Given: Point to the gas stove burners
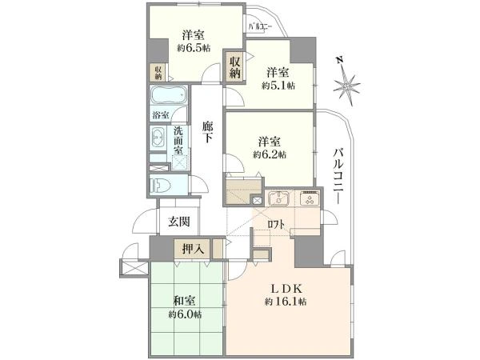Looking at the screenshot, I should (x=310, y=198).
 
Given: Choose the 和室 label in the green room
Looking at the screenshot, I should (x=184, y=301).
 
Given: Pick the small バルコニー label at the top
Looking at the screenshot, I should (x=260, y=26).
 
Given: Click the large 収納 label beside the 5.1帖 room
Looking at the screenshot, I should (x=235, y=66).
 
